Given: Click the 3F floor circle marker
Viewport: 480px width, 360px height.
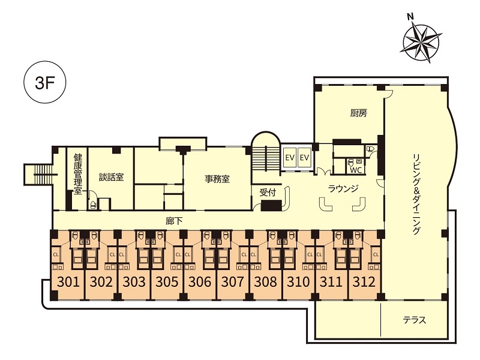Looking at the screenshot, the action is click(x=45, y=83).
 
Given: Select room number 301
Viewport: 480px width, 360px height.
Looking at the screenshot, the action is click(x=68, y=281).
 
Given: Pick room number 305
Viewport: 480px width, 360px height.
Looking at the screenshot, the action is click(x=167, y=281).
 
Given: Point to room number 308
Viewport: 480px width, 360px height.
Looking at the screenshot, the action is click(x=265, y=281).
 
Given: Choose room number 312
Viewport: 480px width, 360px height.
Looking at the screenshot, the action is click(x=364, y=281).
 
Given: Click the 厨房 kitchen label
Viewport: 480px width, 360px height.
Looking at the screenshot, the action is click(x=358, y=113).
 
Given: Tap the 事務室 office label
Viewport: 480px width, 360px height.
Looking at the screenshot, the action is click(x=217, y=179).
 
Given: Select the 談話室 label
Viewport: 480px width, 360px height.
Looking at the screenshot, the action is click(x=111, y=177).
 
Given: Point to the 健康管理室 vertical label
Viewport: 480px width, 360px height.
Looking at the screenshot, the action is click(x=78, y=174).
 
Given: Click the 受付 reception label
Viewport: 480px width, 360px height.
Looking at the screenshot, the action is click(x=268, y=193).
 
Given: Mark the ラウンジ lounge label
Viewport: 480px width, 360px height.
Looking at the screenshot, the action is click(x=343, y=188).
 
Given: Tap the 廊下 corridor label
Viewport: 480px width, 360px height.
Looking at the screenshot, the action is click(x=174, y=221).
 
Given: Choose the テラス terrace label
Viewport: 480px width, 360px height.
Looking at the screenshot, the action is click(x=414, y=320).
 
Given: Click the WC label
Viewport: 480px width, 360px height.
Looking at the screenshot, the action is click(x=356, y=170).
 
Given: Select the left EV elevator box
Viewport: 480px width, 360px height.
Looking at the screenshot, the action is click(x=290, y=158).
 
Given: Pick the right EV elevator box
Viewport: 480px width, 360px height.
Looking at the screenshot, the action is click(x=304, y=158).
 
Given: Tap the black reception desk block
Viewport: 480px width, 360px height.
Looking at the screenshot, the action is click(x=271, y=205).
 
